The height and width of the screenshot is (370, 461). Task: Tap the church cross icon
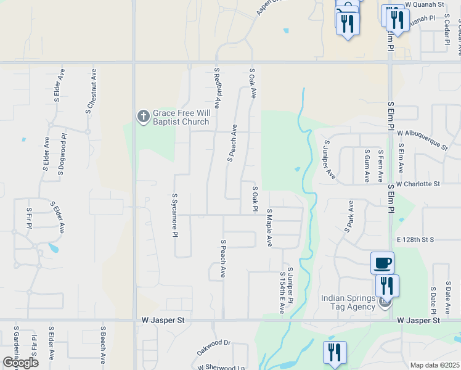point(143,116)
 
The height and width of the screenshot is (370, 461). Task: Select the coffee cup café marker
point(382,263)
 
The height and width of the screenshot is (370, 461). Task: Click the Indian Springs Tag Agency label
point(348,302)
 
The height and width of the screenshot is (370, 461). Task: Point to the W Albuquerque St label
point(422,139)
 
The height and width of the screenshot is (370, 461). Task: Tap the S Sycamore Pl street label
point(175,215)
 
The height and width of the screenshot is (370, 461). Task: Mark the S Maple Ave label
point(269,227)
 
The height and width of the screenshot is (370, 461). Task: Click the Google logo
point(21,363)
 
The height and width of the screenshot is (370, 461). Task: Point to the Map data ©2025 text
point(434,365)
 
